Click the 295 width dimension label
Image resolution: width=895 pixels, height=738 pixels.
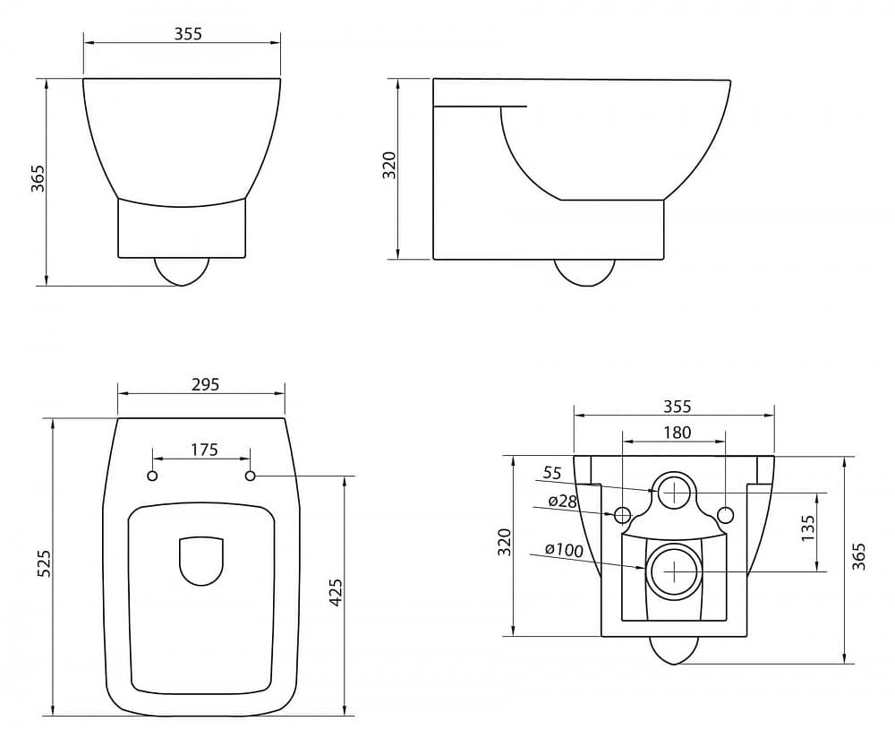click(x=205, y=384)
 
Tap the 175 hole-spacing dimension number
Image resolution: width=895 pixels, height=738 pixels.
click(x=204, y=451)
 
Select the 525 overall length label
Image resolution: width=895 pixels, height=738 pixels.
click(x=45, y=563)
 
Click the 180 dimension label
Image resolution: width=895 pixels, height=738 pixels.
click(x=677, y=433)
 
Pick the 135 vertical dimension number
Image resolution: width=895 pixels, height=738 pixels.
click(x=808, y=529)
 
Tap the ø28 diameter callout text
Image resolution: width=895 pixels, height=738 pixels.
click(x=563, y=501)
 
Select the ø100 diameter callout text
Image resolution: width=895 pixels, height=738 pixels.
click(x=564, y=550)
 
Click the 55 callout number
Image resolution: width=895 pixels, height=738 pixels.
click(x=552, y=473)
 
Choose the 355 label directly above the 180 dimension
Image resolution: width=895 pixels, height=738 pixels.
click(x=677, y=406)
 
